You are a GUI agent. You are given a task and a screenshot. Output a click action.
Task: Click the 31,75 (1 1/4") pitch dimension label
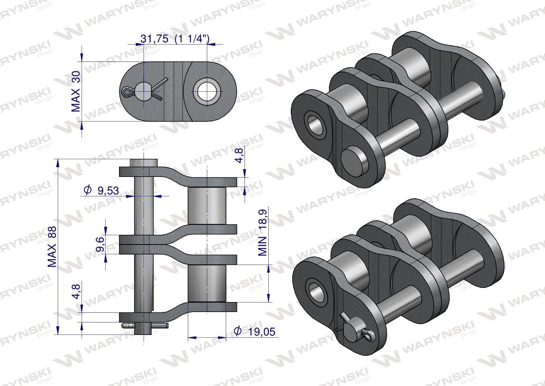pyautogui.click(x=175, y=39)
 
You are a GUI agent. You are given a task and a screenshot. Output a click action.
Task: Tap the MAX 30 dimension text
pyautogui.click(x=76, y=91)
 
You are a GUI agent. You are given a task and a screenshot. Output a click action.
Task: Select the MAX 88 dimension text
pyautogui.click(x=52, y=246)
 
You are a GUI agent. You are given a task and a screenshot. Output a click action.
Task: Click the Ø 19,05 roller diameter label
pyautogui.click(x=254, y=331)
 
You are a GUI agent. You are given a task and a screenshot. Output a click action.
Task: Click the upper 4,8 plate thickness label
pyautogui.click(x=240, y=155)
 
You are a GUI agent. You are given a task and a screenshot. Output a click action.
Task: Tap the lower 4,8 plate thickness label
pyautogui.click(x=76, y=291)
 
